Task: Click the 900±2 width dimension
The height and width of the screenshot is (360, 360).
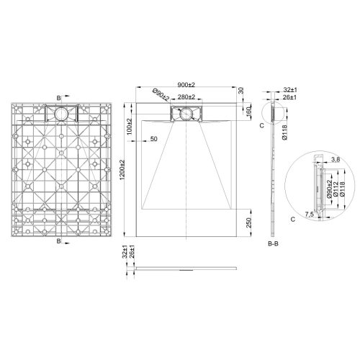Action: click(x=188, y=85)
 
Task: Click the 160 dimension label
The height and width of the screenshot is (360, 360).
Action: click(x=248, y=112)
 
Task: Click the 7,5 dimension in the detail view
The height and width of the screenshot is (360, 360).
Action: click(x=308, y=214)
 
